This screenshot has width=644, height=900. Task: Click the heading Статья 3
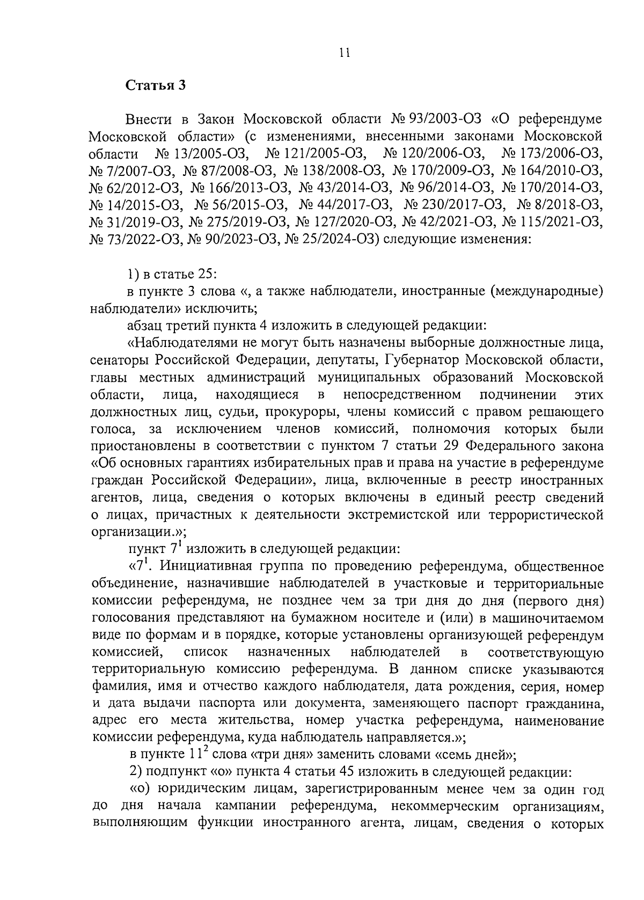click(x=156, y=86)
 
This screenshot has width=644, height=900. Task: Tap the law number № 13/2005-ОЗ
click(x=202, y=154)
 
